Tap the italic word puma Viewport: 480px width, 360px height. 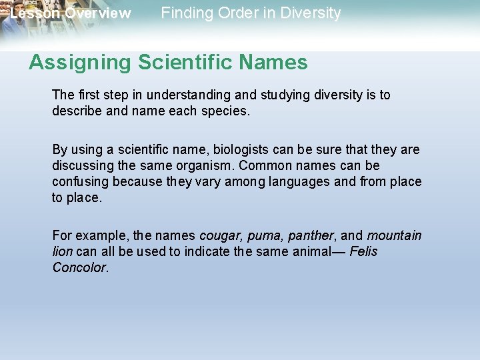[x=267, y=236]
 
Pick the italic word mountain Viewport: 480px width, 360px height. [x=394, y=236]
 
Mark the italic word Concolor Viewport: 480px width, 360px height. [x=79, y=268]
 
